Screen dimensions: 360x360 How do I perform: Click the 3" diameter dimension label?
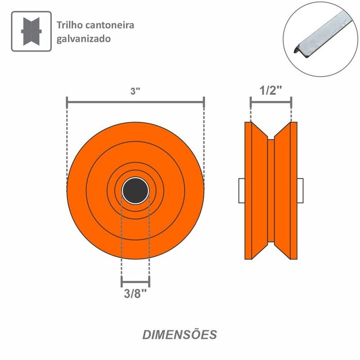(x=135, y=91)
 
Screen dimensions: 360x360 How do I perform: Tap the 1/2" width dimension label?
(x=271, y=90)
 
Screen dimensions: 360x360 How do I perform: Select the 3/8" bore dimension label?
(x=135, y=295)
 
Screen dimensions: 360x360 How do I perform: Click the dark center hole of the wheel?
(x=135, y=191)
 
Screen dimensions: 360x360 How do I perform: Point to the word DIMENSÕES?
(x=180, y=335)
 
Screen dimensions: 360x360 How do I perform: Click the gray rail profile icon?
(x=31, y=31)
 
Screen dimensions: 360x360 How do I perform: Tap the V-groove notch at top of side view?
(x=271, y=133)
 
